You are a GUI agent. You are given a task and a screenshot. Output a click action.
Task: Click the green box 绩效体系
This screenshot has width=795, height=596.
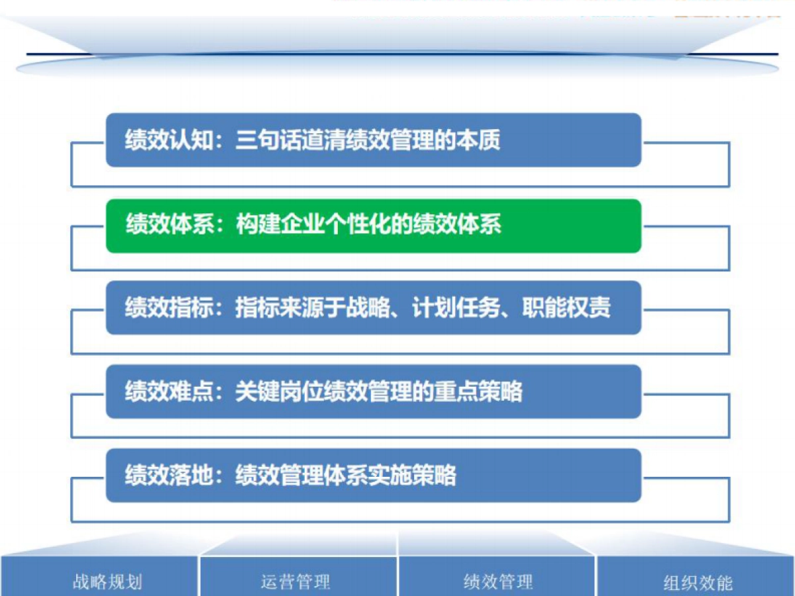click(x=374, y=226)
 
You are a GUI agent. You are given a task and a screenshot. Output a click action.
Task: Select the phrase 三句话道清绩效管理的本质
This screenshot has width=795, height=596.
click(x=368, y=140)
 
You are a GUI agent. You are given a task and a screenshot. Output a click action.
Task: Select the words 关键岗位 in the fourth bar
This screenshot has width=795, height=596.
click(x=279, y=392)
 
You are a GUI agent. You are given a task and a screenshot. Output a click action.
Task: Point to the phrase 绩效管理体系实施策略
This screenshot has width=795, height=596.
click(x=346, y=475)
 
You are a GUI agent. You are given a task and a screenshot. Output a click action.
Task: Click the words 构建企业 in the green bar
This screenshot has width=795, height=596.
click(x=279, y=225)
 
